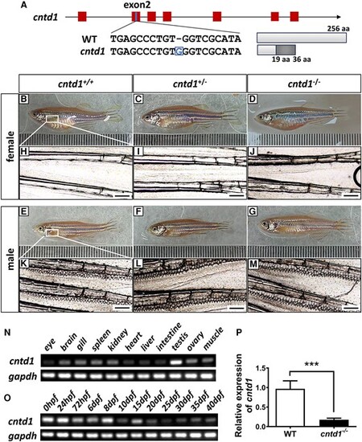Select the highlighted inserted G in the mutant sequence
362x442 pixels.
179,51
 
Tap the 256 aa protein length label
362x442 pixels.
339,29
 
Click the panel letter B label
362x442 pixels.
24,99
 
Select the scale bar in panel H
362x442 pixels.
122,194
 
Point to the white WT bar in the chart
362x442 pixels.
290,407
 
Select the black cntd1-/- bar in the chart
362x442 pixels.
334,423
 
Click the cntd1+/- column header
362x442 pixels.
190,84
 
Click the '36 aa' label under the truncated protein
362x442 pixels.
302,59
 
